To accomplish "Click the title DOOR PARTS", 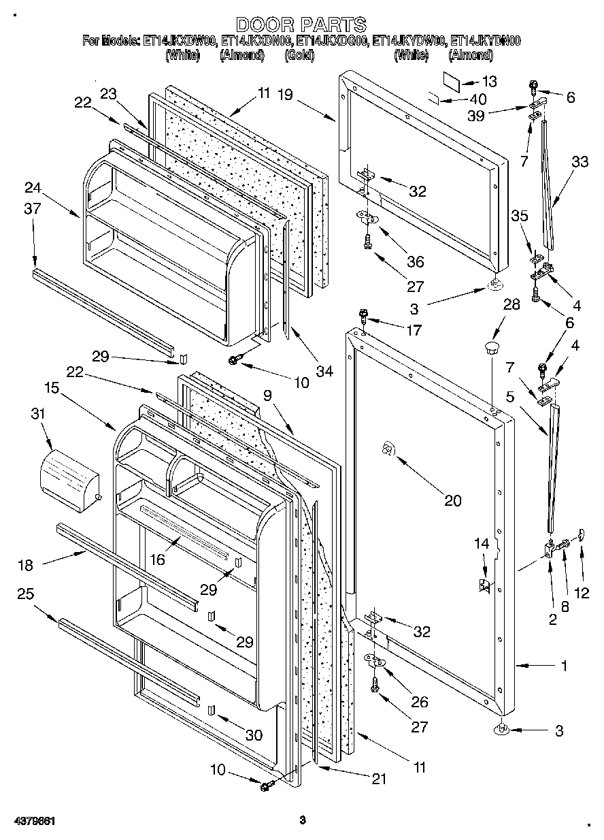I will point(301,25).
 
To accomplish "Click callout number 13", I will point(489,81).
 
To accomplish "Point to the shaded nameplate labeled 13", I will point(452,80).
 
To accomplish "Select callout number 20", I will point(452,501).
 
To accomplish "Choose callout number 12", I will point(582,592).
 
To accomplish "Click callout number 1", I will point(563,666).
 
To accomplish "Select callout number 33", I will point(580,162).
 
